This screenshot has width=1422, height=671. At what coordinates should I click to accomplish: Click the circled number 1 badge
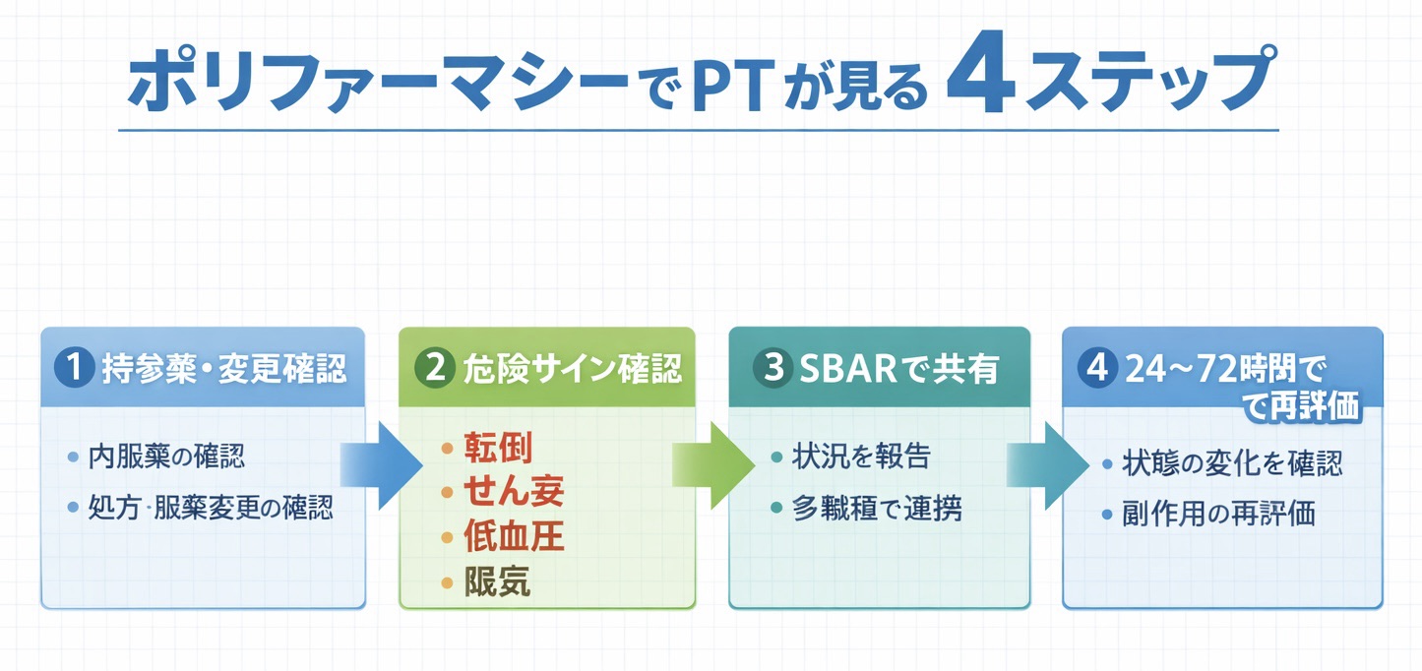click(75, 369)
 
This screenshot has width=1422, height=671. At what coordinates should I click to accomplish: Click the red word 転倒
click(498, 449)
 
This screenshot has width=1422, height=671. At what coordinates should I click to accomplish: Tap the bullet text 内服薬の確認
click(167, 457)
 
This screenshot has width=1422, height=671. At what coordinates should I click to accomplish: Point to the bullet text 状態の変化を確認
click(1232, 463)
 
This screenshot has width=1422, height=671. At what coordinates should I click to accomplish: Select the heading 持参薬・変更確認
click(223, 369)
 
